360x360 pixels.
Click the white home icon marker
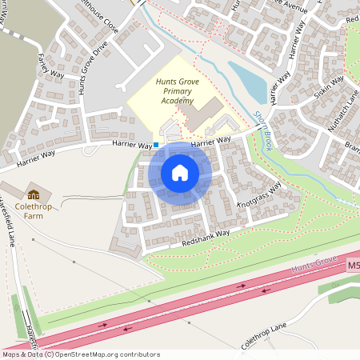tap(179, 173)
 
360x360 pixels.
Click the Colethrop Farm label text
tap(33, 210)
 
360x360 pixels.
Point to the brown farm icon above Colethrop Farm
tap(34, 194)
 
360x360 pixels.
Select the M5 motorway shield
tap(354, 263)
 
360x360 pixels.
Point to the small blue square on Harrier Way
tap(156, 145)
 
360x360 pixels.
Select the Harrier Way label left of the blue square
tap(133, 146)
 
